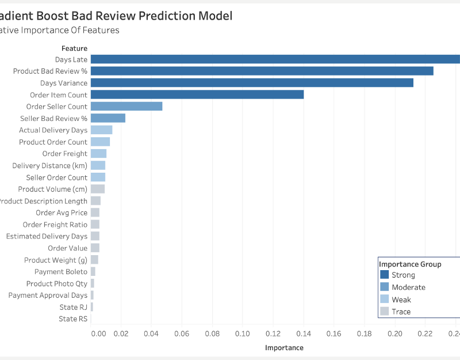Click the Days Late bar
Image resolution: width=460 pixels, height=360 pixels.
pos(275,59)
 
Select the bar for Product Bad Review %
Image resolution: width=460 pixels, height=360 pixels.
pos(262,71)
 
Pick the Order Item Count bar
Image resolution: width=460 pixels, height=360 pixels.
pos(197,94)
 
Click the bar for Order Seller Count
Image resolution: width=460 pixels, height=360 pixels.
pos(126,107)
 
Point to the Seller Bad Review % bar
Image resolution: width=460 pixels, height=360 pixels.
pos(108,118)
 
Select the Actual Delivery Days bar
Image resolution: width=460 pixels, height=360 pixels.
pos(101,130)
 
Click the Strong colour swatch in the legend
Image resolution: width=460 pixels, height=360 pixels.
pos(385,275)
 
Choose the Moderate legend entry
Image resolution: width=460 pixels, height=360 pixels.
pos(408,287)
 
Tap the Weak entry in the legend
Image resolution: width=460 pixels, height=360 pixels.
pos(401,300)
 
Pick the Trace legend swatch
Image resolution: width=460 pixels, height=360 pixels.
pos(385,312)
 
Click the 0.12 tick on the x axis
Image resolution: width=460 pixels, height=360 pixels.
pos(273,334)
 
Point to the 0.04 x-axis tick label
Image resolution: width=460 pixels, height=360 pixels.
pos(151,334)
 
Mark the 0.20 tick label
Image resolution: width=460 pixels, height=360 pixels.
pos(394,334)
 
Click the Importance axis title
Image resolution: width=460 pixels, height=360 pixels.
pos(284,348)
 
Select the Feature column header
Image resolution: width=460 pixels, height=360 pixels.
pos(74,48)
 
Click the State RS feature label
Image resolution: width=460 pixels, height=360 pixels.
pos(73,319)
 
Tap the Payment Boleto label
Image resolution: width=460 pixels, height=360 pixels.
pos(61,271)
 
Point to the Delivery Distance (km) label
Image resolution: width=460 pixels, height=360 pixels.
pos(50,166)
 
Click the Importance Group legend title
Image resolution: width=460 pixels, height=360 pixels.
pos(410,264)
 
